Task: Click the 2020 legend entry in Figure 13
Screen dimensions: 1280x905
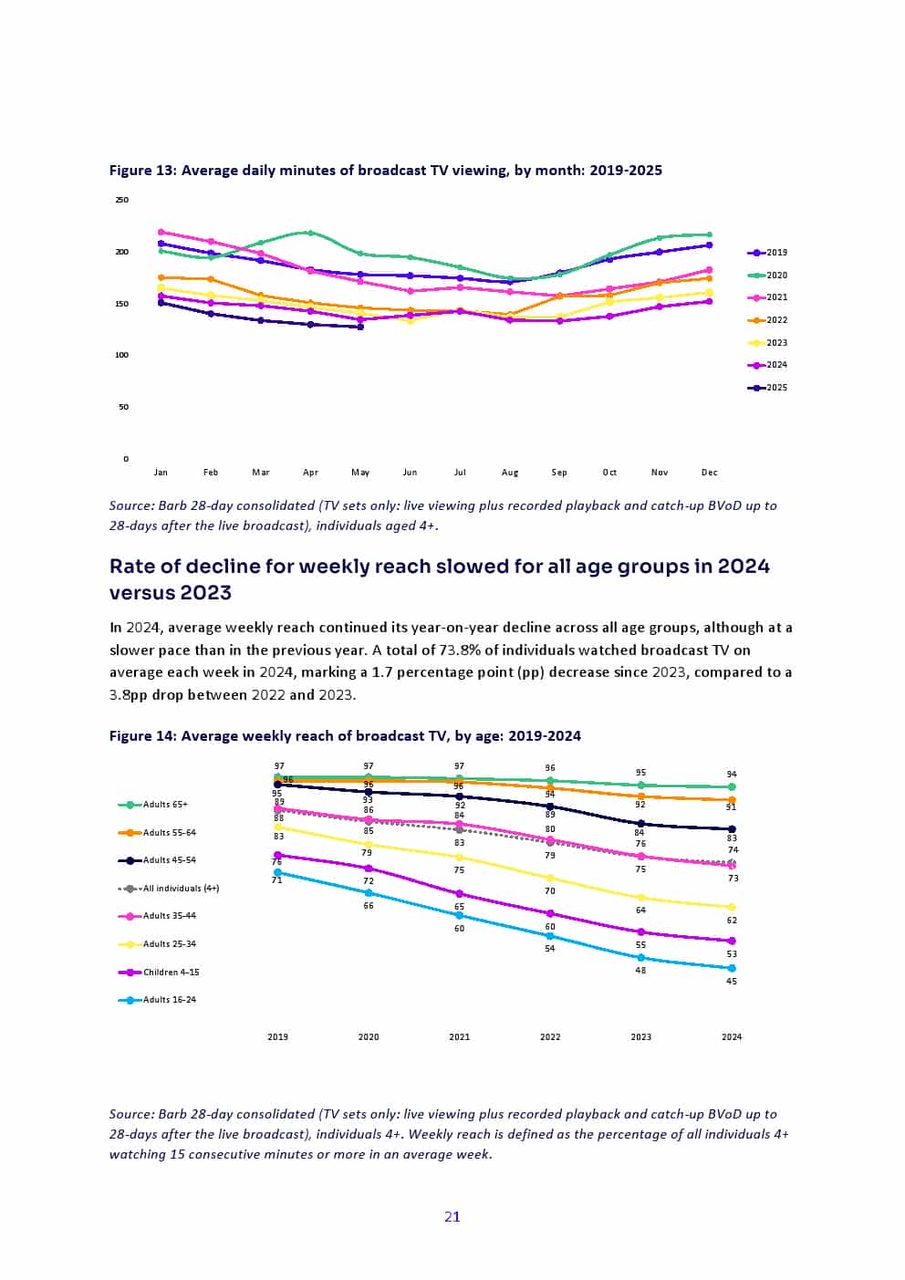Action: (x=767, y=275)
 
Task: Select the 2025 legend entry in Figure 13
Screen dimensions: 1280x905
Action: (x=767, y=388)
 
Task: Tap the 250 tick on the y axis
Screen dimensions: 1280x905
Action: (x=122, y=200)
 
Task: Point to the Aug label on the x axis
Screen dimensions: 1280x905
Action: (x=510, y=473)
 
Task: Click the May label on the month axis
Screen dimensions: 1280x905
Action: (x=360, y=473)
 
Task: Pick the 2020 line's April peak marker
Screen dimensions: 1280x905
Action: (x=311, y=233)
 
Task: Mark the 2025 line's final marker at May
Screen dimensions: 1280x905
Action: (x=360, y=327)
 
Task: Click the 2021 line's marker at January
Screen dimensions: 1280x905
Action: (x=161, y=232)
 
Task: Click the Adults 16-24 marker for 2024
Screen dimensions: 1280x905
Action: (x=732, y=968)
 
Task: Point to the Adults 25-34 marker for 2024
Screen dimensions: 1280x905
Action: (x=732, y=907)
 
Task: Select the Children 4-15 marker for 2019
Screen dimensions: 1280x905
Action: (x=278, y=855)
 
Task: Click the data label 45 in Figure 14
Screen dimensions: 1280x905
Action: (x=732, y=982)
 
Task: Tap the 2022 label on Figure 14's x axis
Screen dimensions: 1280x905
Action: (x=550, y=1037)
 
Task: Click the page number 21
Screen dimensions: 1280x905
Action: (x=452, y=1216)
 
